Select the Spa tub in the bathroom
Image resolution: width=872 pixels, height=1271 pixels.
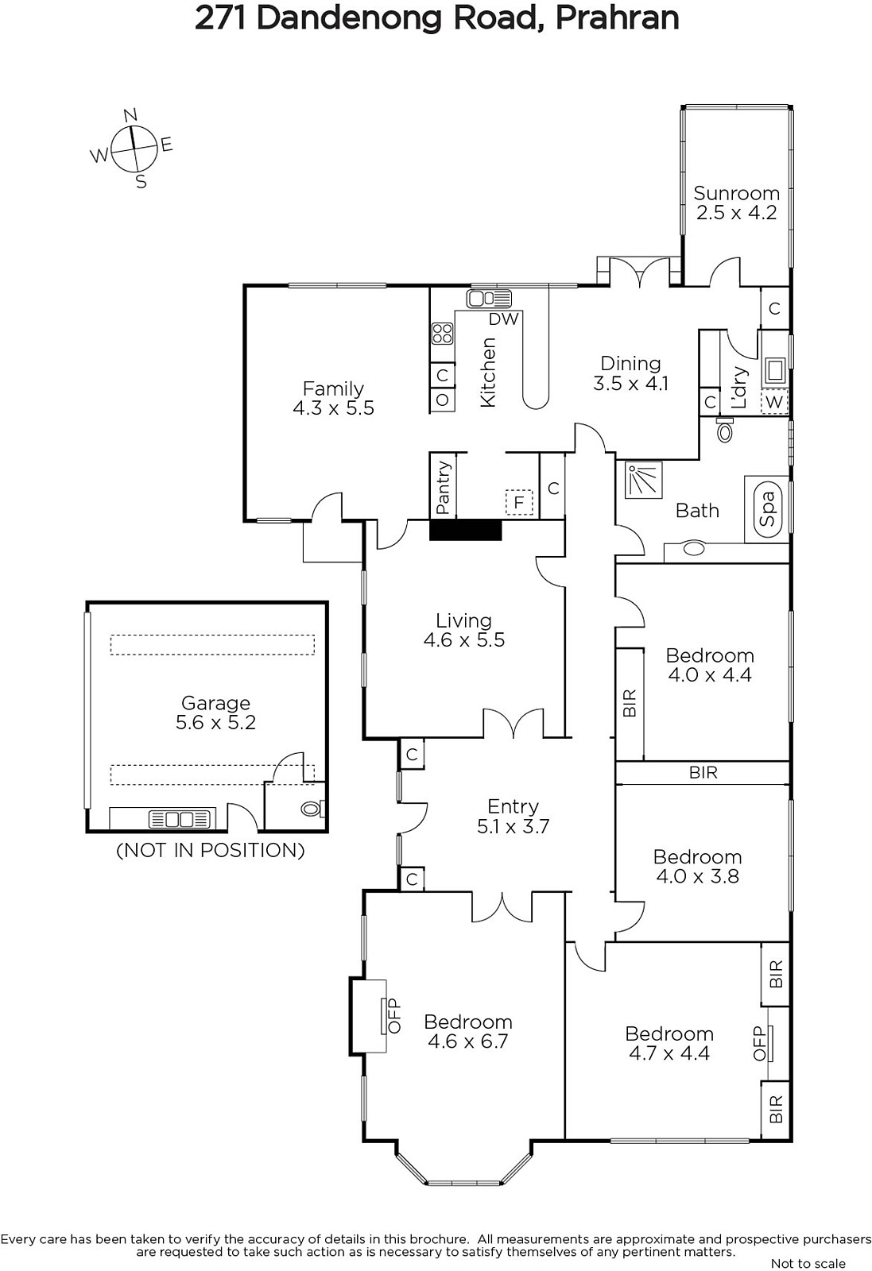(768, 508)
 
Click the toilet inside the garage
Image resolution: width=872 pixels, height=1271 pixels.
(313, 808)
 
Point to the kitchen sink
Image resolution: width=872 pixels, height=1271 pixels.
(489, 298)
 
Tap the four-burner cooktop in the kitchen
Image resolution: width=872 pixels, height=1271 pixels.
(442, 334)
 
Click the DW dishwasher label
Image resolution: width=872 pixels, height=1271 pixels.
(503, 319)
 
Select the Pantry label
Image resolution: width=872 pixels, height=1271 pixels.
(443, 488)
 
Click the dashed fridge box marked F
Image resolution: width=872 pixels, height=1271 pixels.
(519, 502)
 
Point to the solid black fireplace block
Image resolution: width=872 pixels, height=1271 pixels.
(466, 530)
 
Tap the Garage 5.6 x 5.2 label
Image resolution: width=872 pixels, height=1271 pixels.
(215, 713)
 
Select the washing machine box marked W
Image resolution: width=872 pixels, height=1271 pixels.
(774, 402)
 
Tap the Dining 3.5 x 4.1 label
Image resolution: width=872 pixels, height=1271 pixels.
(630, 373)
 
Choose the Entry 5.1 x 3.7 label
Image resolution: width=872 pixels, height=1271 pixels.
(514, 817)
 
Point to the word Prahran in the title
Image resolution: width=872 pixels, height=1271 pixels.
(617, 18)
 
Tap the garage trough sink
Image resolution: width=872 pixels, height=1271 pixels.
(180, 819)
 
